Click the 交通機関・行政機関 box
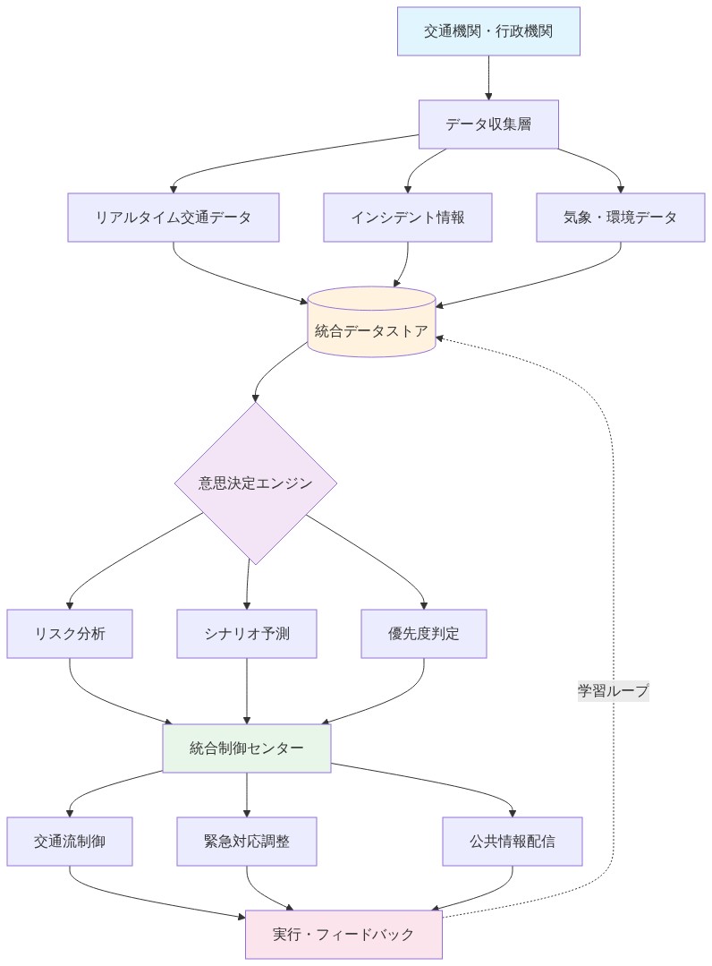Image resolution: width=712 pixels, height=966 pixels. tap(488, 31)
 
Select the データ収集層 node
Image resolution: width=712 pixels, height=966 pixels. tap(488, 124)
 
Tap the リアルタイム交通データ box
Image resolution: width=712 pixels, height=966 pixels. tap(174, 218)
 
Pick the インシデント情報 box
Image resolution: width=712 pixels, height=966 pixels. tap(408, 218)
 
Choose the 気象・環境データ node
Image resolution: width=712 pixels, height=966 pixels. tap(621, 218)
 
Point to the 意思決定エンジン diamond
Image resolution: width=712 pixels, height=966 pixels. tap(256, 483)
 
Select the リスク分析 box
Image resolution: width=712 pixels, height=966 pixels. tap(70, 634)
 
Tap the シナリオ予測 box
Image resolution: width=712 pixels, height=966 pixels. tap(247, 634)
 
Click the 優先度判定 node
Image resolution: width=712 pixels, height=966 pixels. tap(424, 634)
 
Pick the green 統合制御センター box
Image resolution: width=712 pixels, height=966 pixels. tap(247, 748)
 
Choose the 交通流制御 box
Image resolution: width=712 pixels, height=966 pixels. tap(70, 842)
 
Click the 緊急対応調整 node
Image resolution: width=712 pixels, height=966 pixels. tap(247, 842)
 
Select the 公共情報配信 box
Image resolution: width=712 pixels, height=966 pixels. tap(513, 842)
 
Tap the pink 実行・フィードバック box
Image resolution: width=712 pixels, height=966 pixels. tap(343, 934)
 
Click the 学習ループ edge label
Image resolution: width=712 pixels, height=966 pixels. tap(613, 690)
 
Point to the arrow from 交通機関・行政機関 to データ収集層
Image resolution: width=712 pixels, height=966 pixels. tap(488, 77)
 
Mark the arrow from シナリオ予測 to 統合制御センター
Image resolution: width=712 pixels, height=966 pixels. tap(247, 690)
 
